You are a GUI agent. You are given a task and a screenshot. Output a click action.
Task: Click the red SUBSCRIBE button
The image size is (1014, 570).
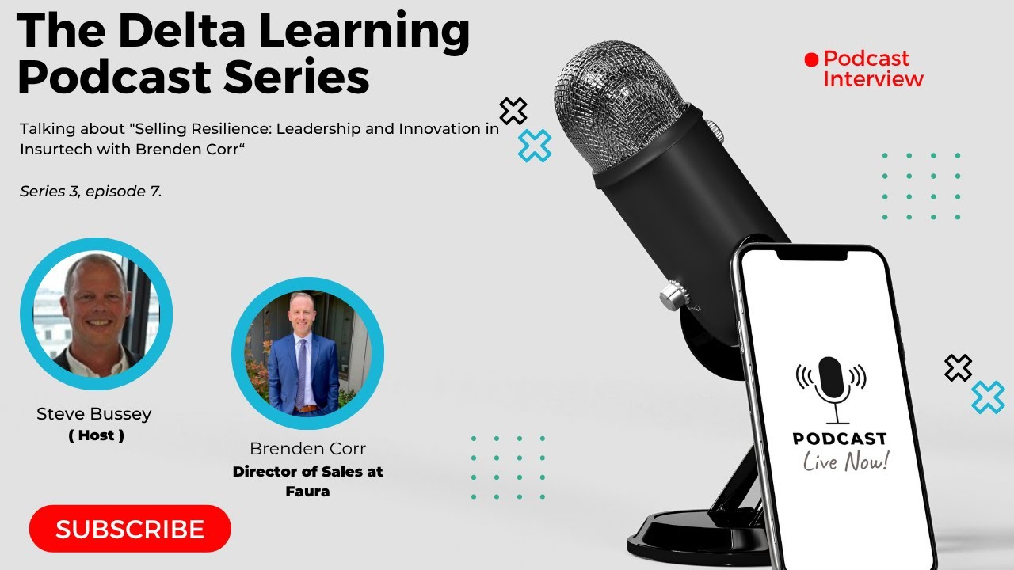pos(130,529)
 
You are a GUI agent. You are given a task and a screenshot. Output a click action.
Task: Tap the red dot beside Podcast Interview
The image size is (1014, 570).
pos(810,59)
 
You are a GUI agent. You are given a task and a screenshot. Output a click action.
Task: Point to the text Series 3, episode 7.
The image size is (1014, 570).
pos(91,192)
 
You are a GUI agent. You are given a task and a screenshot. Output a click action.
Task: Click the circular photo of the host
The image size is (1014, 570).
pos(96,313)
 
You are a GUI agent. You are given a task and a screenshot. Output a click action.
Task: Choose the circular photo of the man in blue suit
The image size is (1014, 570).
pos(307,354)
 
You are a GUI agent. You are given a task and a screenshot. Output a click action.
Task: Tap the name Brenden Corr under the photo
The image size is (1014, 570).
pos(307,449)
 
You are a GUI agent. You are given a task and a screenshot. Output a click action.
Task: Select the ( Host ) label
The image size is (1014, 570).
pos(96,435)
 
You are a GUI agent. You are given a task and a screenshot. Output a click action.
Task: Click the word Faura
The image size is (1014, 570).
pos(307,492)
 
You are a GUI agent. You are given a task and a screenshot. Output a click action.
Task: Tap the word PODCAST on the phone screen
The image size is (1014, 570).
pos(840,439)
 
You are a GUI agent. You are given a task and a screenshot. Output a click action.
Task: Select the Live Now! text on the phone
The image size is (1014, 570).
pos(846,461)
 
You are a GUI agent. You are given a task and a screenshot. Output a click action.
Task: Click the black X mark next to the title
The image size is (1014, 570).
pos(513,112)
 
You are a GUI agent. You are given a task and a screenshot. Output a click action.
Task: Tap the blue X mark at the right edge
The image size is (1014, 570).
pos(988,397)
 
